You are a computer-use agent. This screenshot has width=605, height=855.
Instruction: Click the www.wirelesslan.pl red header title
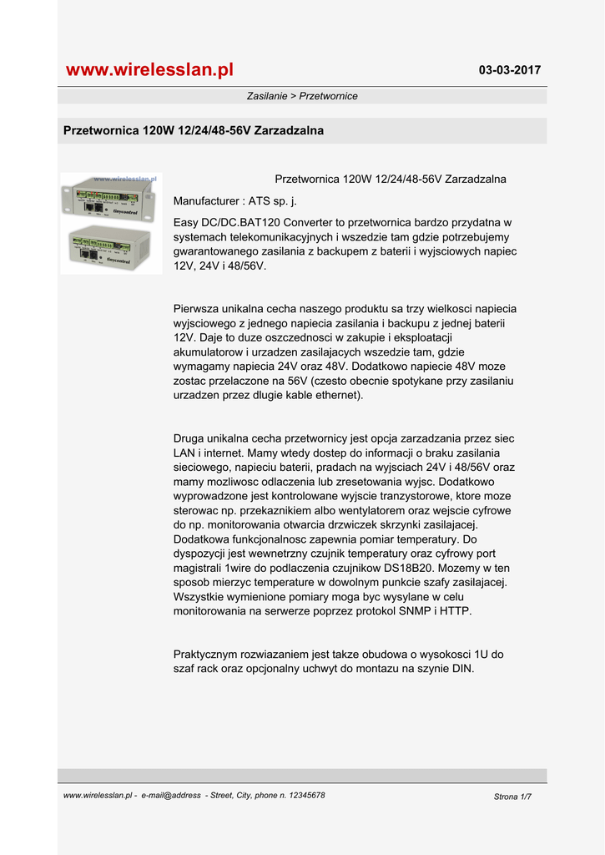[149, 69]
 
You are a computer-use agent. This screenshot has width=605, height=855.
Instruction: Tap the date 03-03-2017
[509, 70]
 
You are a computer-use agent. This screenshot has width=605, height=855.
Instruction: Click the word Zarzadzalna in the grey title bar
[289, 131]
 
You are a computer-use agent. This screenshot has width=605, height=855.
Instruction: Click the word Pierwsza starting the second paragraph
[198, 309]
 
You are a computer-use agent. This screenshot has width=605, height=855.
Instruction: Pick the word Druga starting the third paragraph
[190, 438]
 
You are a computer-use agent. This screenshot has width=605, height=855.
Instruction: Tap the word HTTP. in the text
[455, 611]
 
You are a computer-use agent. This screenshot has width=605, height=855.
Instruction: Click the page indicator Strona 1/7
[512, 797]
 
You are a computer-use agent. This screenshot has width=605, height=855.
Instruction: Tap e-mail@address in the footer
[171, 796]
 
